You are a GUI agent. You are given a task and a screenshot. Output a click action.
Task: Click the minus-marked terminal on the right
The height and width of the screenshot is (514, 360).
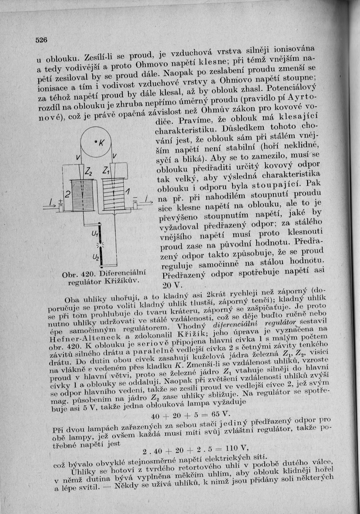pos(136,200)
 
